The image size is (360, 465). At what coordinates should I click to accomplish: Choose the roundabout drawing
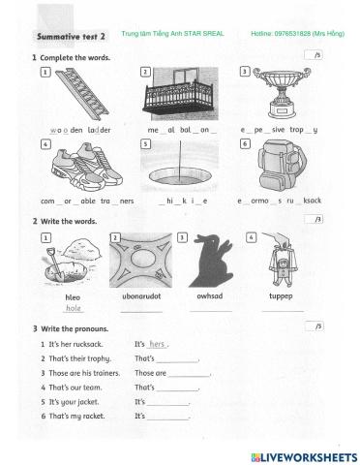pos(141,260)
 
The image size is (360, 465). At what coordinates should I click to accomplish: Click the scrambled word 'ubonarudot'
pos(142,297)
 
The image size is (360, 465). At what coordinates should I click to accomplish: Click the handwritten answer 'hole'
pos(73,309)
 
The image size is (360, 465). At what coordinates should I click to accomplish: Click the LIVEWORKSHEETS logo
pos(303,454)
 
